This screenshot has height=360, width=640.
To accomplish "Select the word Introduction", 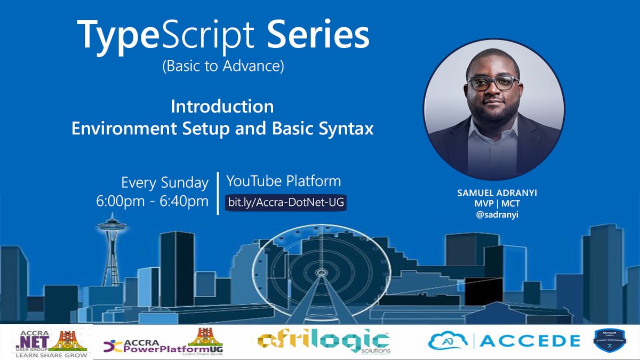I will point(222,106).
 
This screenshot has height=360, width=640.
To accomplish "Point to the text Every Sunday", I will point(164,183).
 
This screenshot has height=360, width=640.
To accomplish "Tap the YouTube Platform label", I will point(283,181).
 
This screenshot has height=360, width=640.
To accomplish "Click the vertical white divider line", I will point(218,193).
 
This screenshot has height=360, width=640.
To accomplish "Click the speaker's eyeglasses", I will point(492,83).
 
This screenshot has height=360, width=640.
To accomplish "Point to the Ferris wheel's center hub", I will point(321,273).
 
